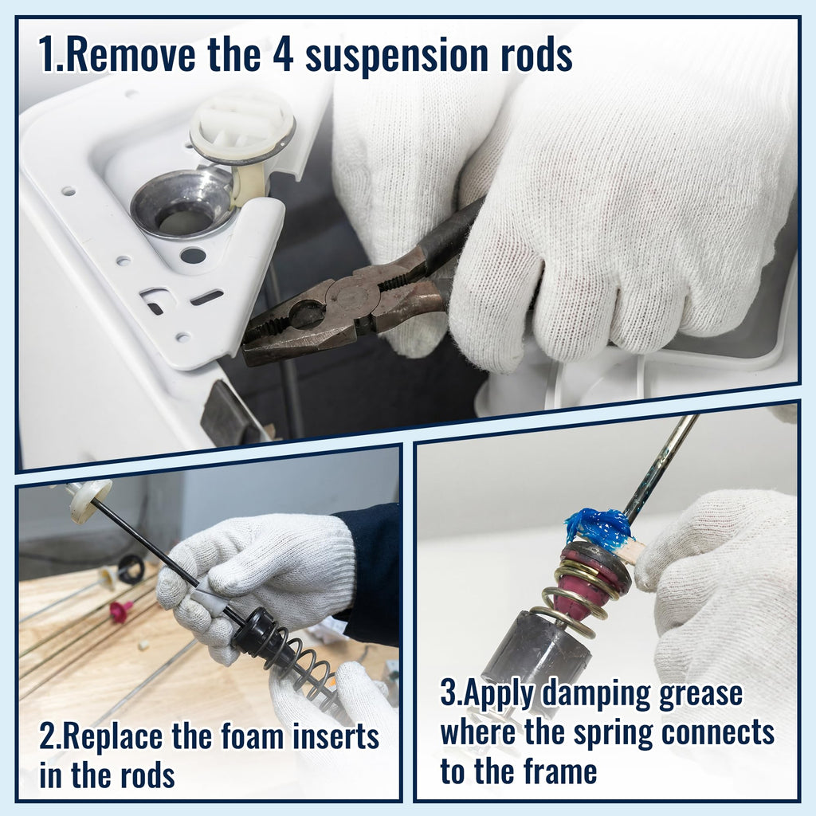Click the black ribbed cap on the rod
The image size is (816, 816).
pyautogui.click(x=261, y=637)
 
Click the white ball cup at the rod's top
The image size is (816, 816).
pyautogui.click(x=89, y=499)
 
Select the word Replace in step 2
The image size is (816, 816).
pyautogui.click(x=112, y=737)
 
